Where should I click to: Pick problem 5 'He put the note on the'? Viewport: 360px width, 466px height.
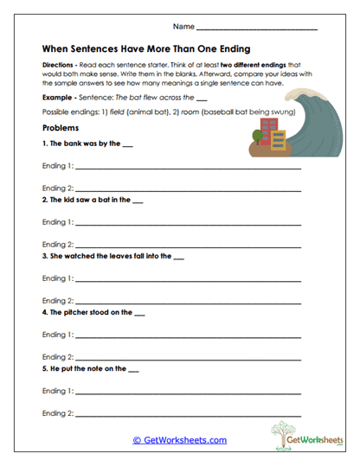pyautogui.click(x=90, y=369)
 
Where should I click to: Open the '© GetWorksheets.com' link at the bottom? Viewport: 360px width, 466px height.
pyautogui.click(x=180, y=440)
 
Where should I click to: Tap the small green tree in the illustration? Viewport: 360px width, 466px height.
pyautogui.click(x=256, y=136)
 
